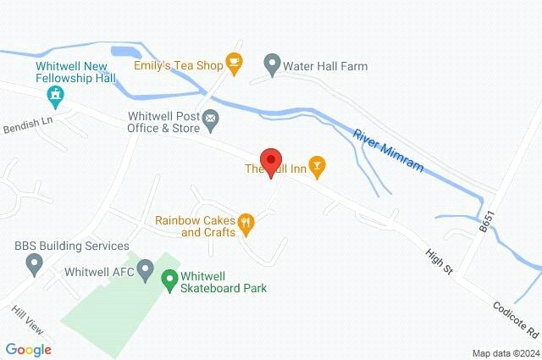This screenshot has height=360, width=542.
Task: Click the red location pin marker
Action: click(x=270, y=161)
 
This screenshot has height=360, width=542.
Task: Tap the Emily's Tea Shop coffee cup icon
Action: click(x=235, y=64)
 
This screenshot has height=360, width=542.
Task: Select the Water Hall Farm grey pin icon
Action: click(x=272, y=64)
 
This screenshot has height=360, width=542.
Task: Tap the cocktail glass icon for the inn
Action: click(x=317, y=168)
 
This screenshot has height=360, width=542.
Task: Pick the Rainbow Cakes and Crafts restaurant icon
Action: click(x=246, y=224)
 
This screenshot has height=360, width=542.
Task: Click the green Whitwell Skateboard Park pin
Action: click(x=169, y=277)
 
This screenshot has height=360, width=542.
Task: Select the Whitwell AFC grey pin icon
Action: click(x=145, y=272)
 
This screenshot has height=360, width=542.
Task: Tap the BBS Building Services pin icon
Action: click(x=35, y=265)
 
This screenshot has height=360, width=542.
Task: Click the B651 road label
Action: click(x=485, y=223)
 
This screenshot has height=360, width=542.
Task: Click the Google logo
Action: click(x=28, y=349)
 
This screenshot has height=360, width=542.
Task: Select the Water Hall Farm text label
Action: click(x=325, y=64)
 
